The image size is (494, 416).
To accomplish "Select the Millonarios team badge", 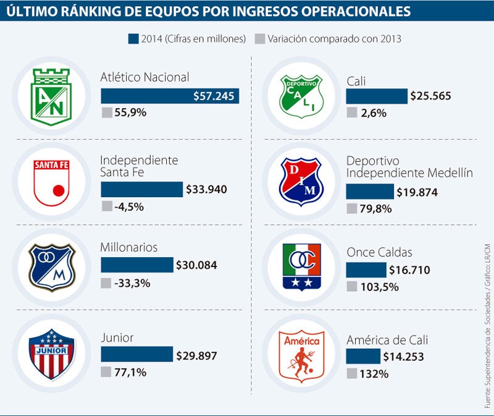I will pyautogui.click(x=52, y=266).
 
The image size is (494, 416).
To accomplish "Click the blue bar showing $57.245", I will pyautogui.click(x=170, y=96).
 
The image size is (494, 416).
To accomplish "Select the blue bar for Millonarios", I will pyautogui.click(x=136, y=265).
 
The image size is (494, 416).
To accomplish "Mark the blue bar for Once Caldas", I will pyautogui.click(x=366, y=270).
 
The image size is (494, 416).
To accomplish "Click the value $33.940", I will pyautogui.click(x=206, y=190).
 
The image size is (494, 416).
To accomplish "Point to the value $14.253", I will pyautogui.click(x=404, y=357).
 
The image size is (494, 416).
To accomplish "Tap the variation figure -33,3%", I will pyautogui.click(x=132, y=283).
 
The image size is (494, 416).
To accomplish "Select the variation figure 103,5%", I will pyautogui.click(x=381, y=287).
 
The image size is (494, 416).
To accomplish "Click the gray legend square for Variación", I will pyautogui.click(x=260, y=38).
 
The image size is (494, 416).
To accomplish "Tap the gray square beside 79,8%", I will pyautogui.click(x=352, y=208).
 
